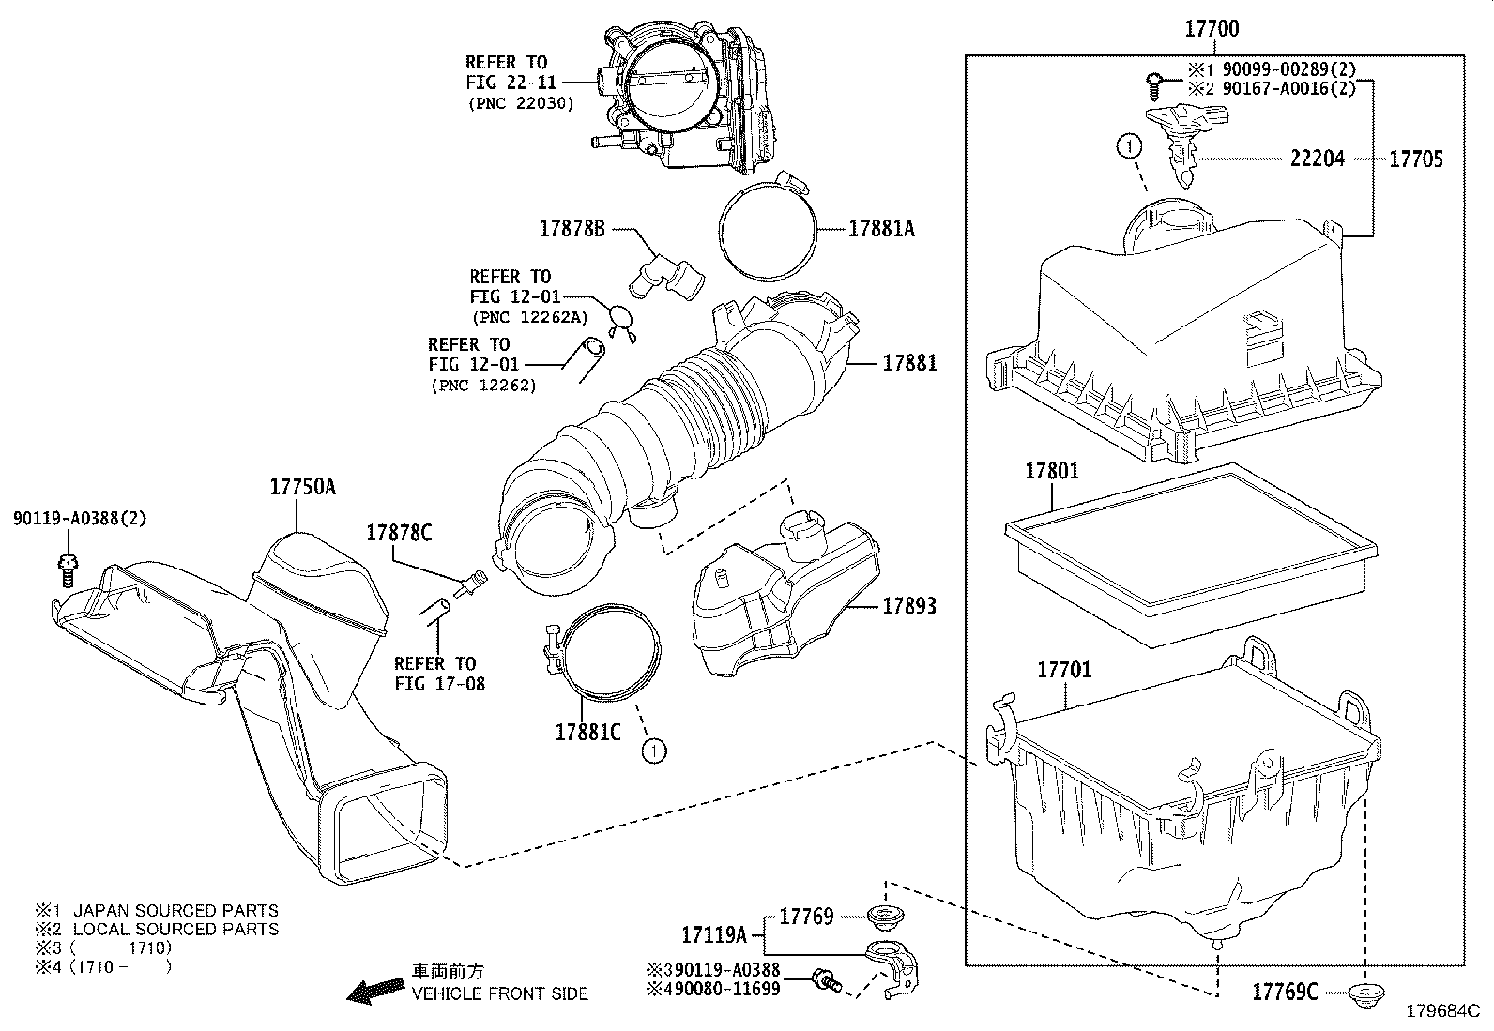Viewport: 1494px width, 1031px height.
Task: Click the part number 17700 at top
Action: pos(1211,29)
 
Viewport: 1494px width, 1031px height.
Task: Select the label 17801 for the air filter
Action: pos(1052,470)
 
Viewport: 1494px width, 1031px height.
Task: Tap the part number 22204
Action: pos(1317,159)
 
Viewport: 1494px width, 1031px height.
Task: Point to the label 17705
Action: pos(1415,159)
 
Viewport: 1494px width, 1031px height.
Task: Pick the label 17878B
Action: pos(572,228)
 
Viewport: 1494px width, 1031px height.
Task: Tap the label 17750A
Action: pos(302,486)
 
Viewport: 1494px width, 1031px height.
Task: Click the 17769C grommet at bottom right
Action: pos(1363,993)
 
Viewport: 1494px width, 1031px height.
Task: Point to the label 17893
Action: pos(908,606)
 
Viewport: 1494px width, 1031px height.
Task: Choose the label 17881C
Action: pos(587,731)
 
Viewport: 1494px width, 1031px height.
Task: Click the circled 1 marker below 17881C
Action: pos(653,750)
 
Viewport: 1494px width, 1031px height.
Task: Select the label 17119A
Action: pos(714,934)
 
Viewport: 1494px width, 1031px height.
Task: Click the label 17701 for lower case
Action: pos(1064,670)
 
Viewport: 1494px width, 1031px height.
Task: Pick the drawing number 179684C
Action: pos(1442,1011)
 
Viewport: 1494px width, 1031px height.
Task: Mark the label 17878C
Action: pos(399,533)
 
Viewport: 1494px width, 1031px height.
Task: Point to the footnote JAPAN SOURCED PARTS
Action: pos(175,910)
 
